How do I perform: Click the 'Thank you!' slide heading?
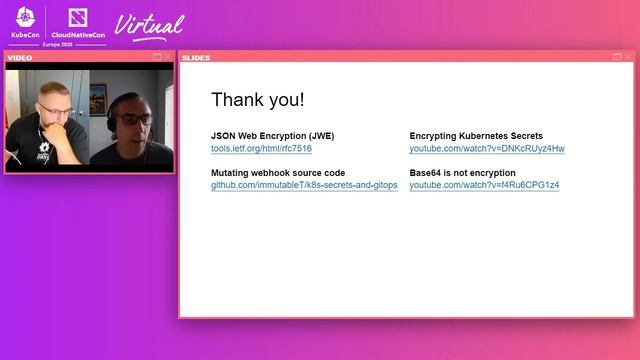(258, 100)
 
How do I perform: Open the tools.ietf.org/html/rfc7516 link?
(261, 149)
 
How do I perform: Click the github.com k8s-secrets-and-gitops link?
(304, 186)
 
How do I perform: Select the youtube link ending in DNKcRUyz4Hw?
(487, 149)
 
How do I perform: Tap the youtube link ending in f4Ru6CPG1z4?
(484, 186)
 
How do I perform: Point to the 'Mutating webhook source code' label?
(278, 173)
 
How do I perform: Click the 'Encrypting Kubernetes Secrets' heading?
(476, 135)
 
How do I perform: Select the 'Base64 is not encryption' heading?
(463, 173)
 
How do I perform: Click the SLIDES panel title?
(196, 57)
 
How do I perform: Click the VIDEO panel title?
(20, 58)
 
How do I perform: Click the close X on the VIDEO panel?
(168, 58)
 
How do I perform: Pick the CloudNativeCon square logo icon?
(76, 17)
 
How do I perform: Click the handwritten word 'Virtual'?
(150, 25)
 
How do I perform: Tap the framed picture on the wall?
(98, 97)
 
